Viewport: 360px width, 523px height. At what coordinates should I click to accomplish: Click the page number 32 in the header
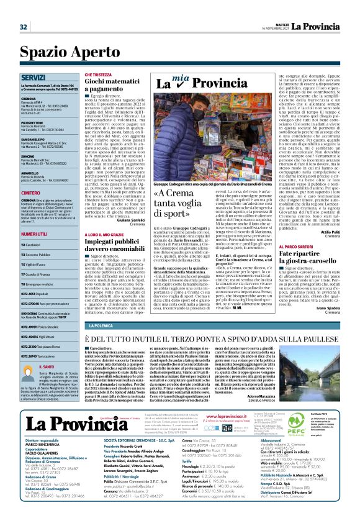click(x=24, y=27)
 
